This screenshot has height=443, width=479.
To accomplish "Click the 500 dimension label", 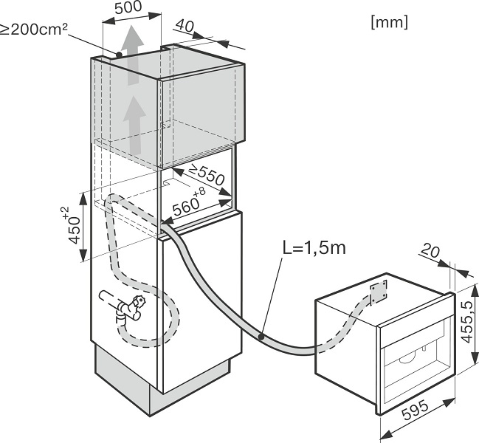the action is pos(128,7).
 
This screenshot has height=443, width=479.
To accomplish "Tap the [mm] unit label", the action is pos(390,22).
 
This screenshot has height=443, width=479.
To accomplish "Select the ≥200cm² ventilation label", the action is pos(34,30).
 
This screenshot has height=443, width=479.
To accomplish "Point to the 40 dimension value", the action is pos(185,26).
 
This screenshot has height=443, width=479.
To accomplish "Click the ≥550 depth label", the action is pos(207,175).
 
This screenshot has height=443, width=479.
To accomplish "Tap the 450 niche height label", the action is pos(75,230).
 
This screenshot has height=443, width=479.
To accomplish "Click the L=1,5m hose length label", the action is pos(314,247).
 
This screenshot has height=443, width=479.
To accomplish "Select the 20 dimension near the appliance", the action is pos(430,251).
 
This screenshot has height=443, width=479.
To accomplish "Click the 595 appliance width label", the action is pos(416,411).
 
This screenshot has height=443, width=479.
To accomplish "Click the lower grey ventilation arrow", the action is pos(134,126).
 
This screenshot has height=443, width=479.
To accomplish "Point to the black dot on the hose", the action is pos(261,337).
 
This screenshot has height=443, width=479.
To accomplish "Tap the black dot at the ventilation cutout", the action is pos(119,55).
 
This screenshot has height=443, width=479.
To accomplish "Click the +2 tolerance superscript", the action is pos(65,213).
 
